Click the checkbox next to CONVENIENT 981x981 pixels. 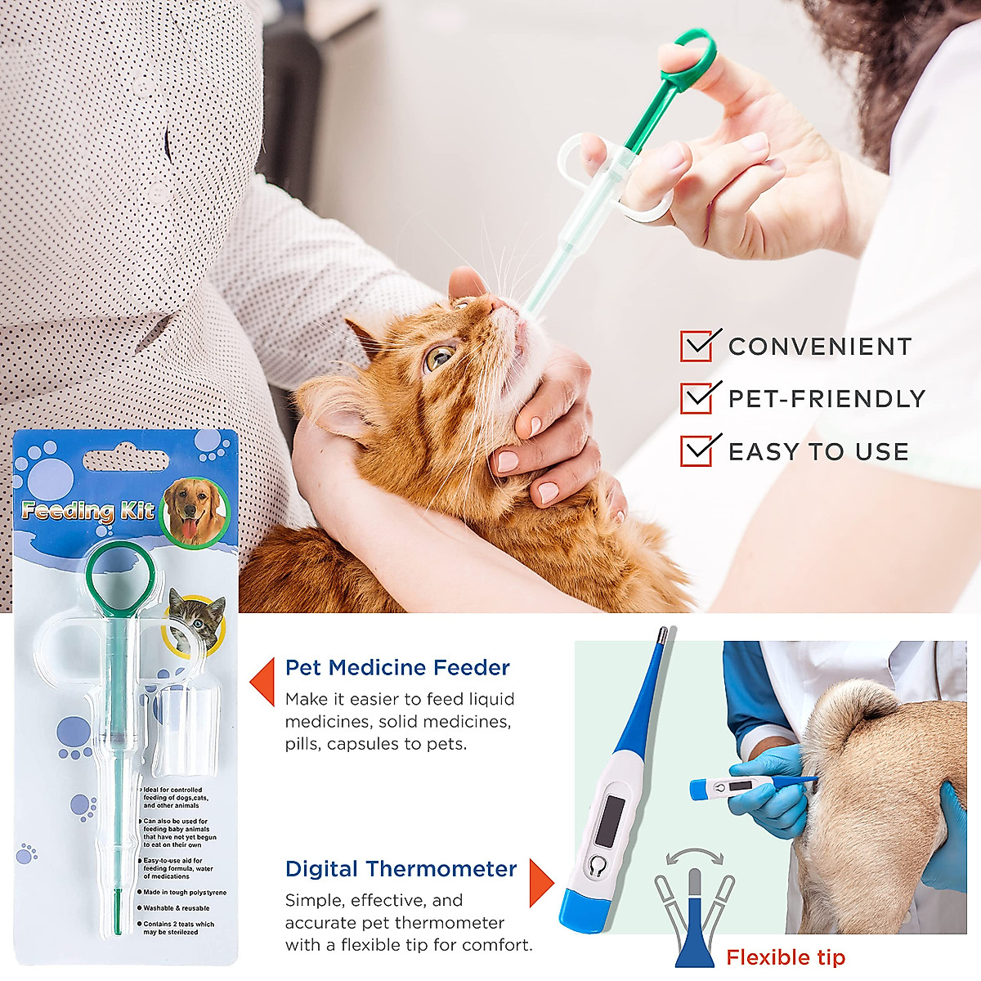[x=697, y=346]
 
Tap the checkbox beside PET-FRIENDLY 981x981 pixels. [x=697, y=398]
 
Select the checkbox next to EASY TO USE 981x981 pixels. [x=697, y=450]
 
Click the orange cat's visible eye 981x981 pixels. [x=439, y=356]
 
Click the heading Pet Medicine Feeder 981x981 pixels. [x=397, y=668]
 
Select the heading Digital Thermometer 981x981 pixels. [x=401, y=869]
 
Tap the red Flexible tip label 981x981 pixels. [x=786, y=957]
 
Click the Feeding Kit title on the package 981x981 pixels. [x=87, y=512]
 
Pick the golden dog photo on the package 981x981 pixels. [x=195, y=512]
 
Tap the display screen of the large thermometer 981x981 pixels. [x=610, y=821]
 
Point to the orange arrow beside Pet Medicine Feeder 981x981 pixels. [x=263, y=680]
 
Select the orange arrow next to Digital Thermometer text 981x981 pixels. [x=541, y=883]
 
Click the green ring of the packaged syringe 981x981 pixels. [x=119, y=574]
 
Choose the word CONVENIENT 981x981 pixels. [x=819, y=347]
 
